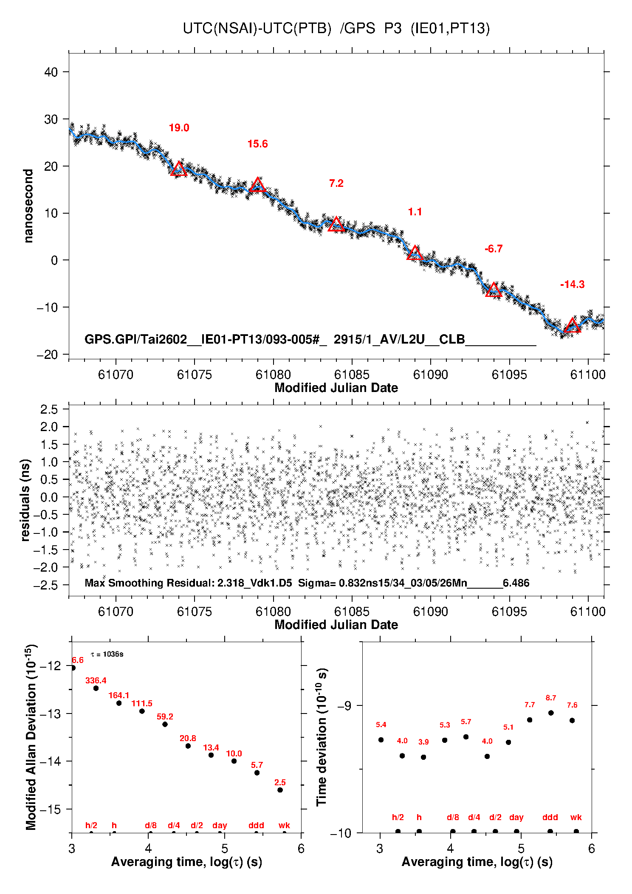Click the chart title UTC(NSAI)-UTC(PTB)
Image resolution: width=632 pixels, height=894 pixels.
(x=257, y=28)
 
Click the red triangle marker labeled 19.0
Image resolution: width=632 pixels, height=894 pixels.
(x=179, y=169)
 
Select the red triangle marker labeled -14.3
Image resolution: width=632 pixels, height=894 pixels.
(x=572, y=325)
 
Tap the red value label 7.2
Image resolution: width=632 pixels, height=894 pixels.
(x=336, y=183)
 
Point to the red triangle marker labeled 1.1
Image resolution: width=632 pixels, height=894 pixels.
(x=415, y=253)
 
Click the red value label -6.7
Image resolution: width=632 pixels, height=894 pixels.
(x=494, y=249)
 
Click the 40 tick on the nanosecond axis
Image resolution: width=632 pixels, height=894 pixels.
(x=51, y=72)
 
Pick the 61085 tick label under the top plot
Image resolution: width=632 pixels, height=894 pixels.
(x=352, y=374)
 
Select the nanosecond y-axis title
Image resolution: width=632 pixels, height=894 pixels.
(x=28, y=206)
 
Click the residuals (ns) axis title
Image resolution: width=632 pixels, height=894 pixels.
(x=25, y=500)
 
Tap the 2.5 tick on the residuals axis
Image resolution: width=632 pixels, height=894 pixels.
(x=49, y=409)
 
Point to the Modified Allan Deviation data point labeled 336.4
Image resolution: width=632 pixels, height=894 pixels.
(x=96, y=688)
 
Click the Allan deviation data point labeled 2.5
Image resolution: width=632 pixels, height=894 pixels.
(x=280, y=790)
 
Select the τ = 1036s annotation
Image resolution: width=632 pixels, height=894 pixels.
(x=107, y=654)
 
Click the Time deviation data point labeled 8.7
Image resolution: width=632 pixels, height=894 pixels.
(x=551, y=713)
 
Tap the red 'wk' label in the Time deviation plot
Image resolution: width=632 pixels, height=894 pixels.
(x=576, y=817)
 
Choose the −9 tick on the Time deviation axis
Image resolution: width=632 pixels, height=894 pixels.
(x=344, y=705)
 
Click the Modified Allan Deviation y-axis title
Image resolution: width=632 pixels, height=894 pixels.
(x=31, y=736)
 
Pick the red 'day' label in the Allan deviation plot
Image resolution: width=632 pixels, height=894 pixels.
(x=220, y=825)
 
